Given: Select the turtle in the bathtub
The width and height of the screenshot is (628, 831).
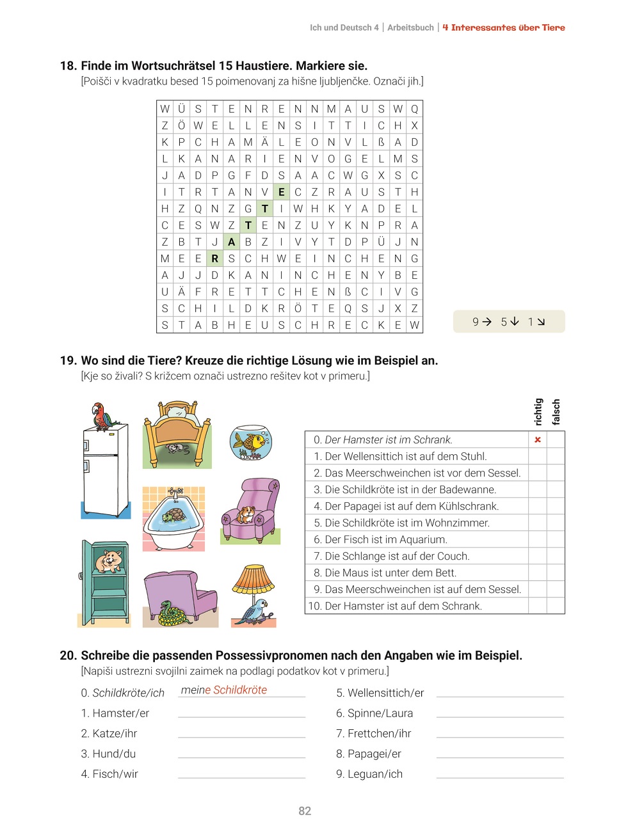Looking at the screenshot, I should point(173,515).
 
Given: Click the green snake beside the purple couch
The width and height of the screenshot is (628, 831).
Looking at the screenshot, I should point(171,613).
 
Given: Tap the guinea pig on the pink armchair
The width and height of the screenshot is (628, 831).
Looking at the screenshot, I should point(246,514).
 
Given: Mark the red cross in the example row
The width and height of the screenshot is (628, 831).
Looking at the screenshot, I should point(538,439).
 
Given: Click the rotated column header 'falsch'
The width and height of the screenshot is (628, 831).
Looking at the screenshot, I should point(556,411).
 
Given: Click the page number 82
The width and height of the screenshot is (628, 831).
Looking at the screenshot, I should point(305,811).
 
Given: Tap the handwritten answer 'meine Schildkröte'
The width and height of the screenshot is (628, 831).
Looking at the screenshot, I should point(224,690).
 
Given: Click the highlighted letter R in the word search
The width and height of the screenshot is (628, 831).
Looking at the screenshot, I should point(215,258).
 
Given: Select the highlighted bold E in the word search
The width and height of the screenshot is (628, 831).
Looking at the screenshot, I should point(281,192).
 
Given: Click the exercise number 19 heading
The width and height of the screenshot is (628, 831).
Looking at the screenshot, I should point(68,360).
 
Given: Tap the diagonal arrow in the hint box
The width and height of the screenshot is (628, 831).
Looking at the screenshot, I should point(541,322).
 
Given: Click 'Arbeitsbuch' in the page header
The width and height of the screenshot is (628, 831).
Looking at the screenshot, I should point(410,28).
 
